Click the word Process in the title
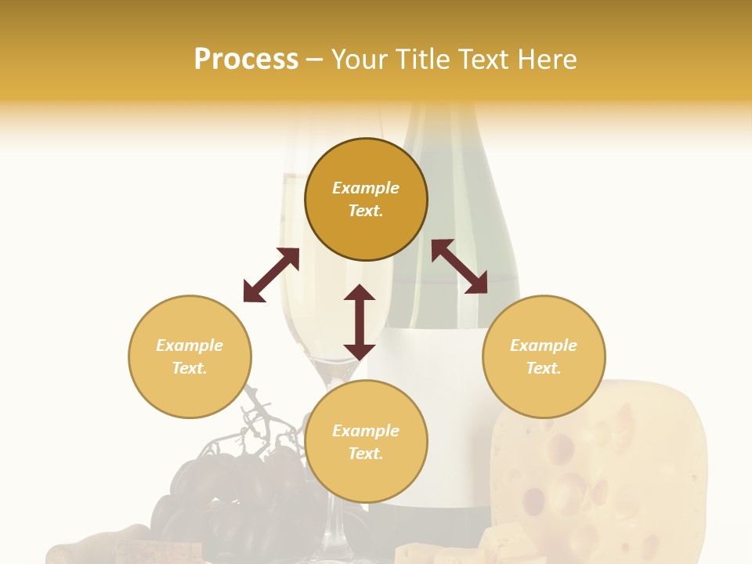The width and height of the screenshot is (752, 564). (246, 60)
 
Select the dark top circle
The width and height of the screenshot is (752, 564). (366, 199)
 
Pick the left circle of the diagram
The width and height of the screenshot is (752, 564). (190, 356)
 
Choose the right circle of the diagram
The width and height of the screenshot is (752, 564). (544, 356)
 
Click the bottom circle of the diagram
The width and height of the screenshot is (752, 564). (366, 442)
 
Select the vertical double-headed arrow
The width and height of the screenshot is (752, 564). (360, 322)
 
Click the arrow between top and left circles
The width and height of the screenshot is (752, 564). (271, 275)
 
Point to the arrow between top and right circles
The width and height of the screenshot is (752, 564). (459, 266)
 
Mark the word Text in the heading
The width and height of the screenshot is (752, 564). (481, 60)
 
